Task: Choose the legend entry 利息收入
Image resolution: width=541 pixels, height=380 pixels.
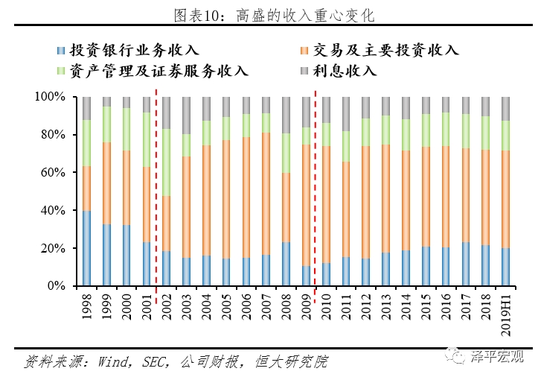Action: pos(350,72)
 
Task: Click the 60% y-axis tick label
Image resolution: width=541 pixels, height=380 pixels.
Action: pos(52,173)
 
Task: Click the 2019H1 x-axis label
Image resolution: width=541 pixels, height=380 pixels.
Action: pos(505,311)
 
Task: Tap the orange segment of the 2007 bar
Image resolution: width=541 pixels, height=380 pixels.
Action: pos(266,194)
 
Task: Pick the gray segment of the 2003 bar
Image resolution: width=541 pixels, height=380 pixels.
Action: pos(186,115)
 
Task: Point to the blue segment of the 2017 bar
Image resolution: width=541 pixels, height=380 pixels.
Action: pos(465,264)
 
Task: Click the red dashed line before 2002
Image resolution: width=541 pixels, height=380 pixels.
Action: pos(156,186)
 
